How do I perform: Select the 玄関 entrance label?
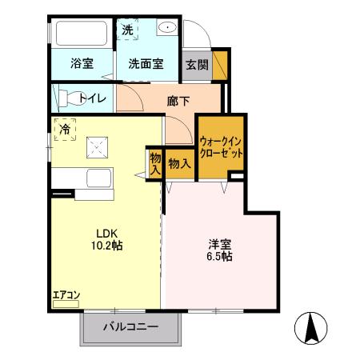[x=197, y=65]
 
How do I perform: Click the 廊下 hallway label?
[x=179, y=102]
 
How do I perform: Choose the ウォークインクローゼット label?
[x=221, y=146]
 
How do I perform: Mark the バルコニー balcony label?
[x=130, y=327]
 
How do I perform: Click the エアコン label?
[x=66, y=295]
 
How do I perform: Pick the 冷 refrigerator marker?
[x=63, y=128]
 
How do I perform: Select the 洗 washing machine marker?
[x=127, y=30]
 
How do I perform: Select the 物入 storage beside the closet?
[x=179, y=163]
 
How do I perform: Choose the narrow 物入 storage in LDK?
[x=154, y=164]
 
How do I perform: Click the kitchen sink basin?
[x=99, y=178]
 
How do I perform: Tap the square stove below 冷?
[x=99, y=146]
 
